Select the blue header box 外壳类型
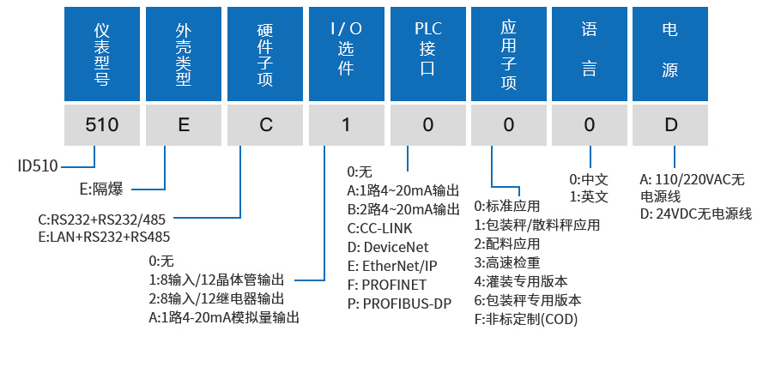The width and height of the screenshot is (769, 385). [x=184, y=51]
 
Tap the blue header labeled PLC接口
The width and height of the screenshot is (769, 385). [x=427, y=51]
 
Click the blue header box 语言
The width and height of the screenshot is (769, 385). [x=590, y=51]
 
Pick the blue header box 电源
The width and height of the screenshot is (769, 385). [x=670, y=51]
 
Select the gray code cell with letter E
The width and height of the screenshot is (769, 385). [x=184, y=124]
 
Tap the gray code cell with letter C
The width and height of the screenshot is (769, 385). [x=265, y=124]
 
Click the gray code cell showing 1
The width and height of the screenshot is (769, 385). [x=346, y=124]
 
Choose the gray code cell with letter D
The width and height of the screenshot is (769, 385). [x=670, y=124]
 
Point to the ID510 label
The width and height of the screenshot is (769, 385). [x=39, y=165]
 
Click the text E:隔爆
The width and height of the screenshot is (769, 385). [x=101, y=189]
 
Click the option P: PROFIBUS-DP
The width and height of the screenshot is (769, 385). [x=399, y=304]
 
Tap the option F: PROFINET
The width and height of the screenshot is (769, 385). [x=386, y=285]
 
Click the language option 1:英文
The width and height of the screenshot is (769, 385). [x=589, y=197]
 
